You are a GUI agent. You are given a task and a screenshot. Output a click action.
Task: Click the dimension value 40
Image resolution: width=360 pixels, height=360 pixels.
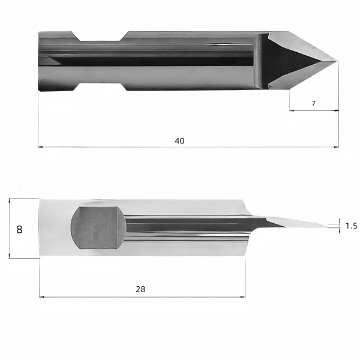pos(179,141)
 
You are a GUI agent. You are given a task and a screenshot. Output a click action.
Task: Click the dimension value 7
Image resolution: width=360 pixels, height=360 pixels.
pos(313,104)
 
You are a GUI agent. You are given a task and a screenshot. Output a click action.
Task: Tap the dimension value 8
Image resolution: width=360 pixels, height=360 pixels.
pos(20,229)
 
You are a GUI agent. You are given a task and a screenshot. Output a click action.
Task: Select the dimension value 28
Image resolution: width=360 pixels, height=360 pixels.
pos(140,289)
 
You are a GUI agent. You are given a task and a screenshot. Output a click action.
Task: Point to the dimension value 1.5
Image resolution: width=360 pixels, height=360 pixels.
pos(352,226)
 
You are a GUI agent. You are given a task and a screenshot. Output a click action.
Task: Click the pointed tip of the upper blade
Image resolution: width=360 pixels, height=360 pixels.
pos(337,61)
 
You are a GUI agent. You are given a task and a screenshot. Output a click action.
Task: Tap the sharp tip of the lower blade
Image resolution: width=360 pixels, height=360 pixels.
pos(328,227)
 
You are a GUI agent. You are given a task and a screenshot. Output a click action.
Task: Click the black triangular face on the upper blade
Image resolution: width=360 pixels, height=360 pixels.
pos(287,61)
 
